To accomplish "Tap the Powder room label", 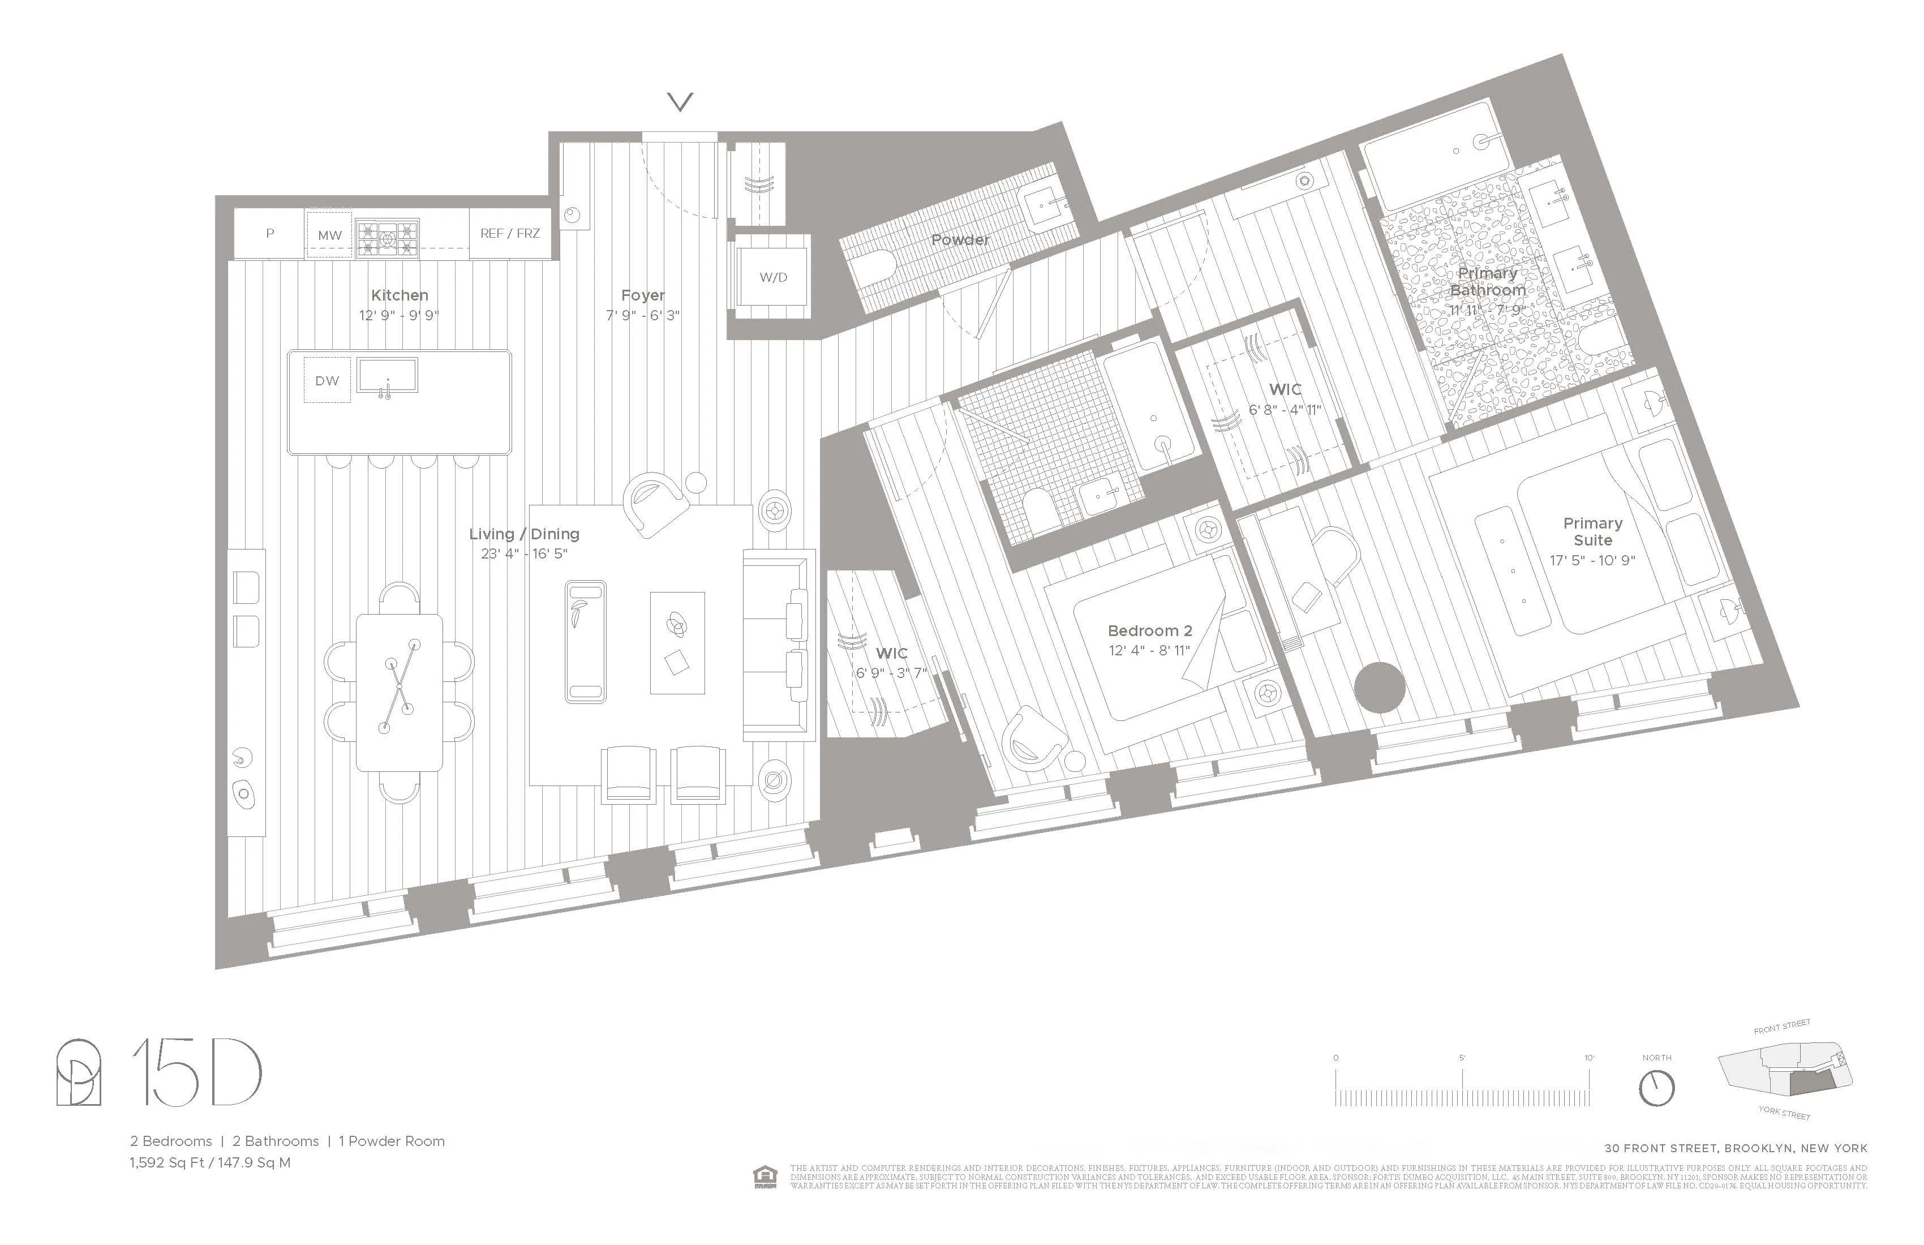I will point(960,240).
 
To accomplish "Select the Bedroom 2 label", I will point(1149,630).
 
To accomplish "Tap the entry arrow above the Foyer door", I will point(680,102).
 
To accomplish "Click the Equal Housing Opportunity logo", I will point(764,1177).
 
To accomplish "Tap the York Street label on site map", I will point(1784,1113).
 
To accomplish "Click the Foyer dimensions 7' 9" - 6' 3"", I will point(643,315).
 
